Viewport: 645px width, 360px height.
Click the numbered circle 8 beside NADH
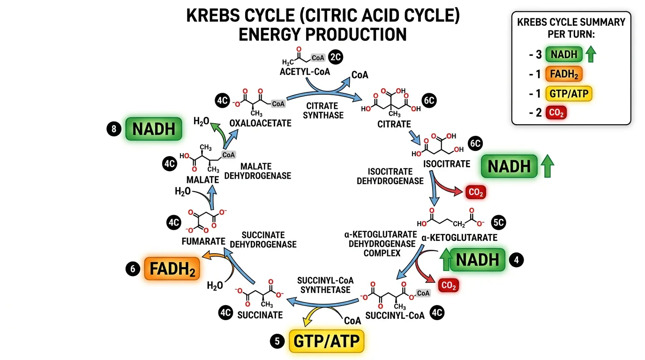tap(113, 129)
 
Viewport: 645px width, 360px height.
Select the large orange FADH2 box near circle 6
tap(172, 269)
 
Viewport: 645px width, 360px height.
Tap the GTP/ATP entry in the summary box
tap(569, 94)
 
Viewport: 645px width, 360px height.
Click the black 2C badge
tap(336, 58)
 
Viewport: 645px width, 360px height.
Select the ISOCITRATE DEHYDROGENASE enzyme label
tap(390, 176)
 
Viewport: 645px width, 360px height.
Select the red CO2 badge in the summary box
tap(556, 113)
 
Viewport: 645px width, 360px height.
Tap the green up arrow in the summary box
tap(591, 54)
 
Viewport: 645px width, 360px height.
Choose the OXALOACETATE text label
tap(260, 123)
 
